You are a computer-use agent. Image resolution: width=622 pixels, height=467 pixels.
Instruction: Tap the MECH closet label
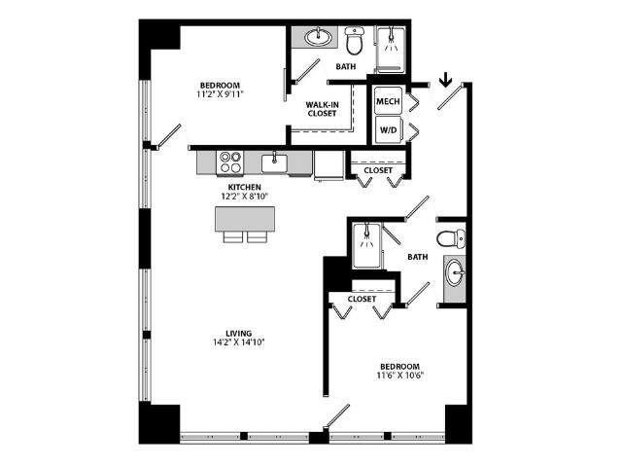pos(390,100)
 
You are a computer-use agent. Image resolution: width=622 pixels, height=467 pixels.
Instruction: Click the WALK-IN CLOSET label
pos(322,109)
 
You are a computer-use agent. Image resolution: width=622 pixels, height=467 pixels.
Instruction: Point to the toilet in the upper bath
pos(355,41)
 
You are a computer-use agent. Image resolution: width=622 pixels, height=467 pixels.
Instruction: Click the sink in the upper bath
pos(317,38)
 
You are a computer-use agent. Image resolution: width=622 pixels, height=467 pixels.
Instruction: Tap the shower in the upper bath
pos(391,45)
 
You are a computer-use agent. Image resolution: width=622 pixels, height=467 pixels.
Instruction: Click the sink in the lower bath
pos(454,272)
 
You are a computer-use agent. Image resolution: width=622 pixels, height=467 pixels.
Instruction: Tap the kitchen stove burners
pos(230,161)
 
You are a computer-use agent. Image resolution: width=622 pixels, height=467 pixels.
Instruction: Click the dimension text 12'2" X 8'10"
pos(247,197)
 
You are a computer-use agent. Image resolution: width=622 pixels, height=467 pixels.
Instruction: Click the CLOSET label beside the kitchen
pos(377,171)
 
